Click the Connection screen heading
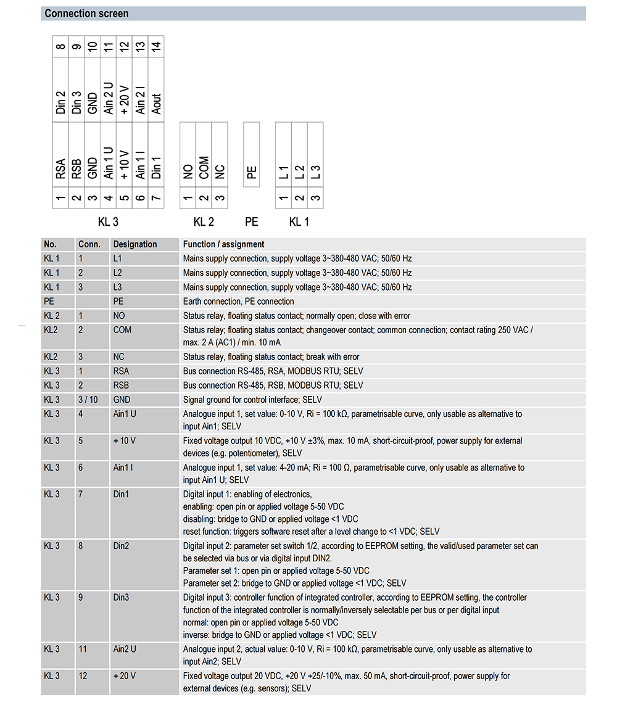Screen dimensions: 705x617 pyautogui.click(x=87, y=14)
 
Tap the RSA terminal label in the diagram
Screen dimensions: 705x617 pyautogui.click(x=60, y=169)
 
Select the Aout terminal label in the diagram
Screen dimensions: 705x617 pyautogui.click(x=157, y=103)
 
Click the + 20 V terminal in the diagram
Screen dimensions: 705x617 pyautogui.click(x=125, y=101)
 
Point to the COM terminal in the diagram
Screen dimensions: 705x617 pyautogui.click(x=204, y=167)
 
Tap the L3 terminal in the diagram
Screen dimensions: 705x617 pyautogui.click(x=315, y=172)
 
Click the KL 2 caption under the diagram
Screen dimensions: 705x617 pyautogui.click(x=204, y=222)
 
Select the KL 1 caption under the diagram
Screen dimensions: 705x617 pyautogui.click(x=299, y=222)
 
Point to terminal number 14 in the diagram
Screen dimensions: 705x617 pyautogui.click(x=157, y=46)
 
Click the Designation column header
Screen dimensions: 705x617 pyautogui.click(x=135, y=244)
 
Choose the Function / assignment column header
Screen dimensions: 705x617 pyautogui.click(x=223, y=244)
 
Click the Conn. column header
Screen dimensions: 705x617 pyautogui.click(x=89, y=244)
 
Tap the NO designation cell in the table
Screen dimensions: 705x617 pyautogui.click(x=119, y=316)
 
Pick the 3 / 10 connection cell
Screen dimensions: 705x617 pyautogui.click(x=88, y=400)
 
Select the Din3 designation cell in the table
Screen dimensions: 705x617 pyautogui.click(x=122, y=598)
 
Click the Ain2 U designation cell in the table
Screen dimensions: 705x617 pyautogui.click(x=125, y=649)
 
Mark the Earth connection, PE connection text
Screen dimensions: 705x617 pyautogui.click(x=238, y=302)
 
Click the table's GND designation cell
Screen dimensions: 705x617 pyautogui.click(x=122, y=400)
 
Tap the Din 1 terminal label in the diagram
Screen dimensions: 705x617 pyautogui.click(x=157, y=167)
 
